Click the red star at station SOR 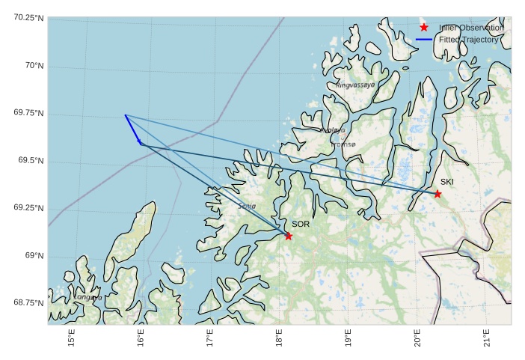(289, 237)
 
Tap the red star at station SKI (437, 194)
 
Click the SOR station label (300, 224)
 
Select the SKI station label (446, 182)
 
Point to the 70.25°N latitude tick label (28, 17)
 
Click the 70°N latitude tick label (34, 66)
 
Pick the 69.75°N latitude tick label (28, 113)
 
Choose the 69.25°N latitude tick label (28, 208)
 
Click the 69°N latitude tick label (34, 256)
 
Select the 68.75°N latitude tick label (28, 302)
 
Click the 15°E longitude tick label (72, 338)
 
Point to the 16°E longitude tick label (141, 338)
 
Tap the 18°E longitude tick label (279, 338)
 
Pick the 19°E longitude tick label (348, 338)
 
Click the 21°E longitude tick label (486, 338)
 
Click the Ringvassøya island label (355, 85)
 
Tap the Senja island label (247, 206)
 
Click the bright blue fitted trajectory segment (132, 128)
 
